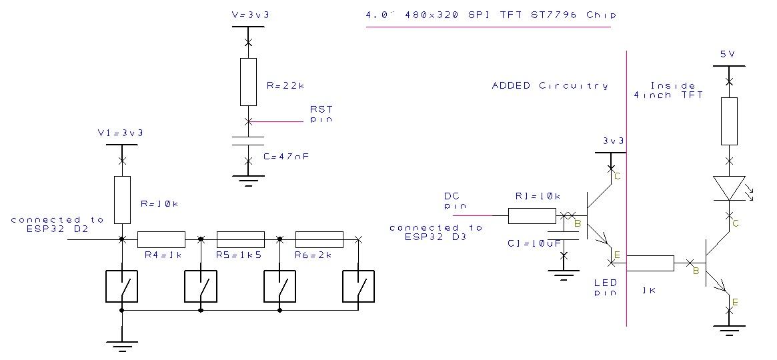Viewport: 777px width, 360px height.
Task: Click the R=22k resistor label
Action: coord(285,85)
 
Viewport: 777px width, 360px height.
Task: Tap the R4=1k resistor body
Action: coord(161,239)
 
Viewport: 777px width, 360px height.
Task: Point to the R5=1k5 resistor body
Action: coord(241,239)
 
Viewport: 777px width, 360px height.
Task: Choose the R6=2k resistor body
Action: coord(319,239)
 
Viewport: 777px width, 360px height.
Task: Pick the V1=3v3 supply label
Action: coord(120,133)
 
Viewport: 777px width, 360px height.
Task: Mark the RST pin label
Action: coord(321,114)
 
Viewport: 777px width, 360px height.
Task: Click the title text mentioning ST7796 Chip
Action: coord(491,15)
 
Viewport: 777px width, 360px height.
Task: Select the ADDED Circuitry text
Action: coord(550,85)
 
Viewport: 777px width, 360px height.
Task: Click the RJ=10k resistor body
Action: coord(532,215)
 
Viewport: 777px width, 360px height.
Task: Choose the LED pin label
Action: coord(605,287)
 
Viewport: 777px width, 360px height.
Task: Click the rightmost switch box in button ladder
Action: coord(359,287)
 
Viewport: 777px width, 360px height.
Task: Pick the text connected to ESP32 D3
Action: coord(436,232)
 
